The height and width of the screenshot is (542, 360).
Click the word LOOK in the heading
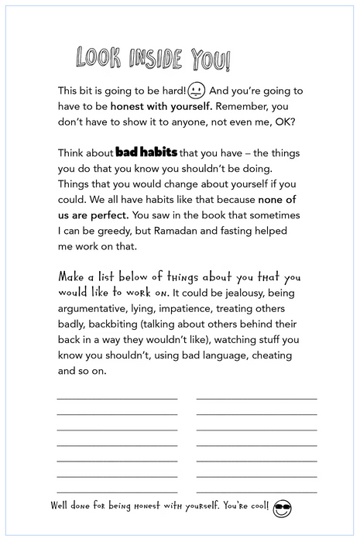[96, 59]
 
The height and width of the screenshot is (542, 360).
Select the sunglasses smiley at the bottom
[283, 508]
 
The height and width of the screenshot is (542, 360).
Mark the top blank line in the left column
[117, 398]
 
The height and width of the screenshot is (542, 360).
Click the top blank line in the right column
[256, 398]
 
